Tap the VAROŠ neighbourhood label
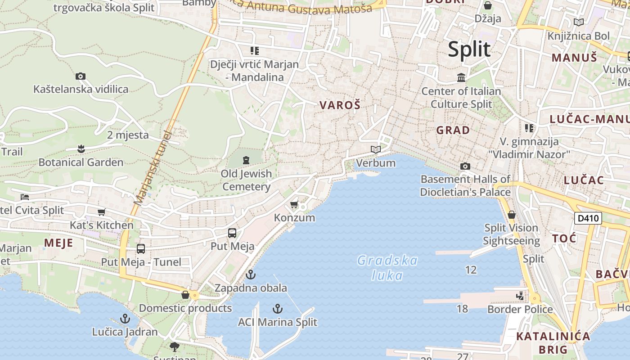coord(340,105)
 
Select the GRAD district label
coord(453,130)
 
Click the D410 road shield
coord(588,219)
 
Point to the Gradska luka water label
coord(387,268)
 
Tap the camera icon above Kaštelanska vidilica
coord(81,76)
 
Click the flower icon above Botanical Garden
coord(81,148)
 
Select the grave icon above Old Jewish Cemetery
coord(246,160)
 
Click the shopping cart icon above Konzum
coord(294,205)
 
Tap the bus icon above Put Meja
coord(232,233)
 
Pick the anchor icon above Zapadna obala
coord(251,274)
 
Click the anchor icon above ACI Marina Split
coord(278,309)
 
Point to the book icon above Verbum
coord(376,149)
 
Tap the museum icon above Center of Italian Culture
coord(461,78)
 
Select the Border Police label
coord(520,309)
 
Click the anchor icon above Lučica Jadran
coord(125,319)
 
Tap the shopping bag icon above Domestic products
coord(185,295)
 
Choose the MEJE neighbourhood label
coord(58,243)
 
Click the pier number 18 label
coord(462,309)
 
